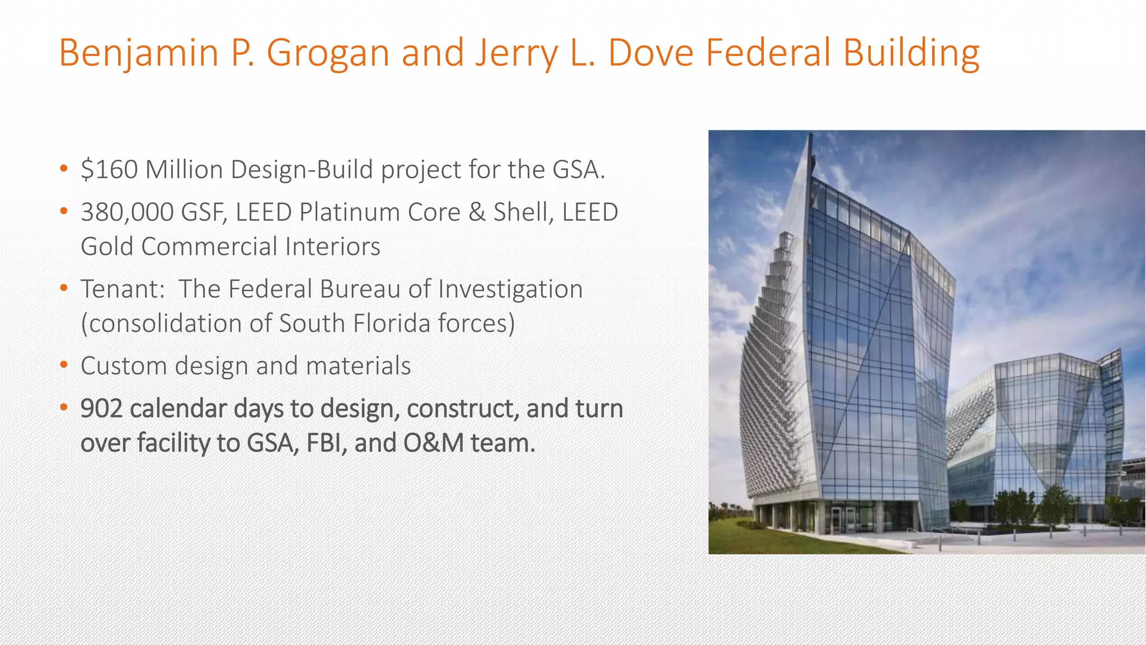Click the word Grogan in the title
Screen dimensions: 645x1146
point(328,53)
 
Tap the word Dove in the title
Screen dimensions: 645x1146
point(651,53)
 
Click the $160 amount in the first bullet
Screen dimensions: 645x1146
point(109,169)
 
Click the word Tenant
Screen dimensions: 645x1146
point(120,289)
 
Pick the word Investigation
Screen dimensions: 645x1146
point(510,289)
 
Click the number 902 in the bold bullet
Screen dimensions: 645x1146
point(101,409)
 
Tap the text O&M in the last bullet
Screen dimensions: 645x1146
point(433,443)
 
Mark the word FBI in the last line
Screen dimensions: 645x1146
point(324,443)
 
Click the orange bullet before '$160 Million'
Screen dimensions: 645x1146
point(64,169)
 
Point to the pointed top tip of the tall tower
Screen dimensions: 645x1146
point(810,134)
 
